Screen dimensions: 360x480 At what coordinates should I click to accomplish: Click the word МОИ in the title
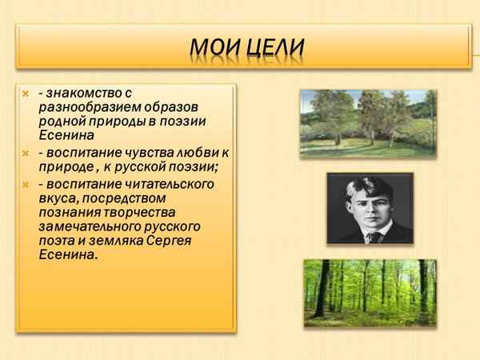(211, 46)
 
